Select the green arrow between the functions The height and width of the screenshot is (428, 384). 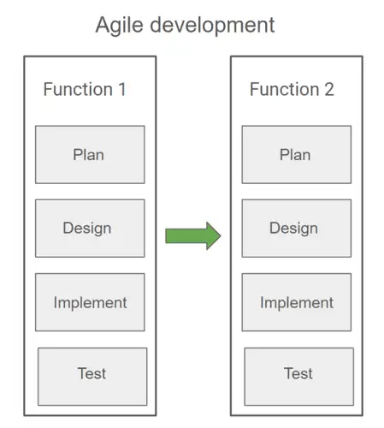click(x=192, y=235)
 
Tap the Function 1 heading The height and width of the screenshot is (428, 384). click(x=85, y=89)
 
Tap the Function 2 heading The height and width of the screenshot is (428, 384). click(x=292, y=89)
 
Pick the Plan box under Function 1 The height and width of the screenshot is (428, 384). click(x=90, y=155)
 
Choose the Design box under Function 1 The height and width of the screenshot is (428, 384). click(x=90, y=229)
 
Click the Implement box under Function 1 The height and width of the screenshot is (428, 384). click(x=90, y=302)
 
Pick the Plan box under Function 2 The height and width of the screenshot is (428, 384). click(x=296, y=155)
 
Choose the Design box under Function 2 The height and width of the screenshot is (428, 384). click(x=296, y=229)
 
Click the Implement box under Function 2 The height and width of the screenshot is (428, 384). click(x=296, y=302)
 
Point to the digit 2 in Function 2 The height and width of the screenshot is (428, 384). click(x=328, y=89)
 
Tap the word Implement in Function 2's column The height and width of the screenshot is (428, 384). click(x=296, y=302)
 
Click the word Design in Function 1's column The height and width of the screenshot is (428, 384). click(x=86, y=229)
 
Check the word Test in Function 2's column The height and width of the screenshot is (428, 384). click(x=298, y=373)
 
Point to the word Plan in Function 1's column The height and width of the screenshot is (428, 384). click(x=89, y=155)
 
